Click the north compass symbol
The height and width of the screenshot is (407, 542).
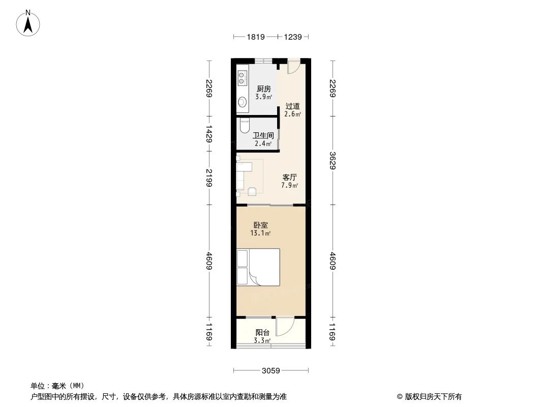click(x=28, y=23)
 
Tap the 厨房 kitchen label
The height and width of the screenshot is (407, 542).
click(x=263, y=89)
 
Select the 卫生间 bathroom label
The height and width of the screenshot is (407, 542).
click(x=263, y=136)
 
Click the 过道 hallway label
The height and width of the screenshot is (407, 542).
click(x=292, y=106)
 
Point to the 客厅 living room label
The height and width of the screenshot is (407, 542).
click(x=290, y=178)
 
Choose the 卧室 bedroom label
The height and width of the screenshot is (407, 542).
click(x=260, y=225)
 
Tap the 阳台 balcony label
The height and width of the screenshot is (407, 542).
click(x=262, y=333)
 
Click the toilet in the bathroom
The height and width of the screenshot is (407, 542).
click(x=245, y=125)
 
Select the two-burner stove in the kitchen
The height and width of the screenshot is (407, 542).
click(x=242, y=78)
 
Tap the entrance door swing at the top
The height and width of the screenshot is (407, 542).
click(x=293, y=68)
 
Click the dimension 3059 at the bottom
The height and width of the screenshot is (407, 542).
click(x=271, y=370)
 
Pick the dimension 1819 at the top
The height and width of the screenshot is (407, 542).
click(x=256, y=37)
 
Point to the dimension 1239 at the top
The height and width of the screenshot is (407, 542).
click(x=293, y=37)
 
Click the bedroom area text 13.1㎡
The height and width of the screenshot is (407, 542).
click(x=260, y=234)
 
